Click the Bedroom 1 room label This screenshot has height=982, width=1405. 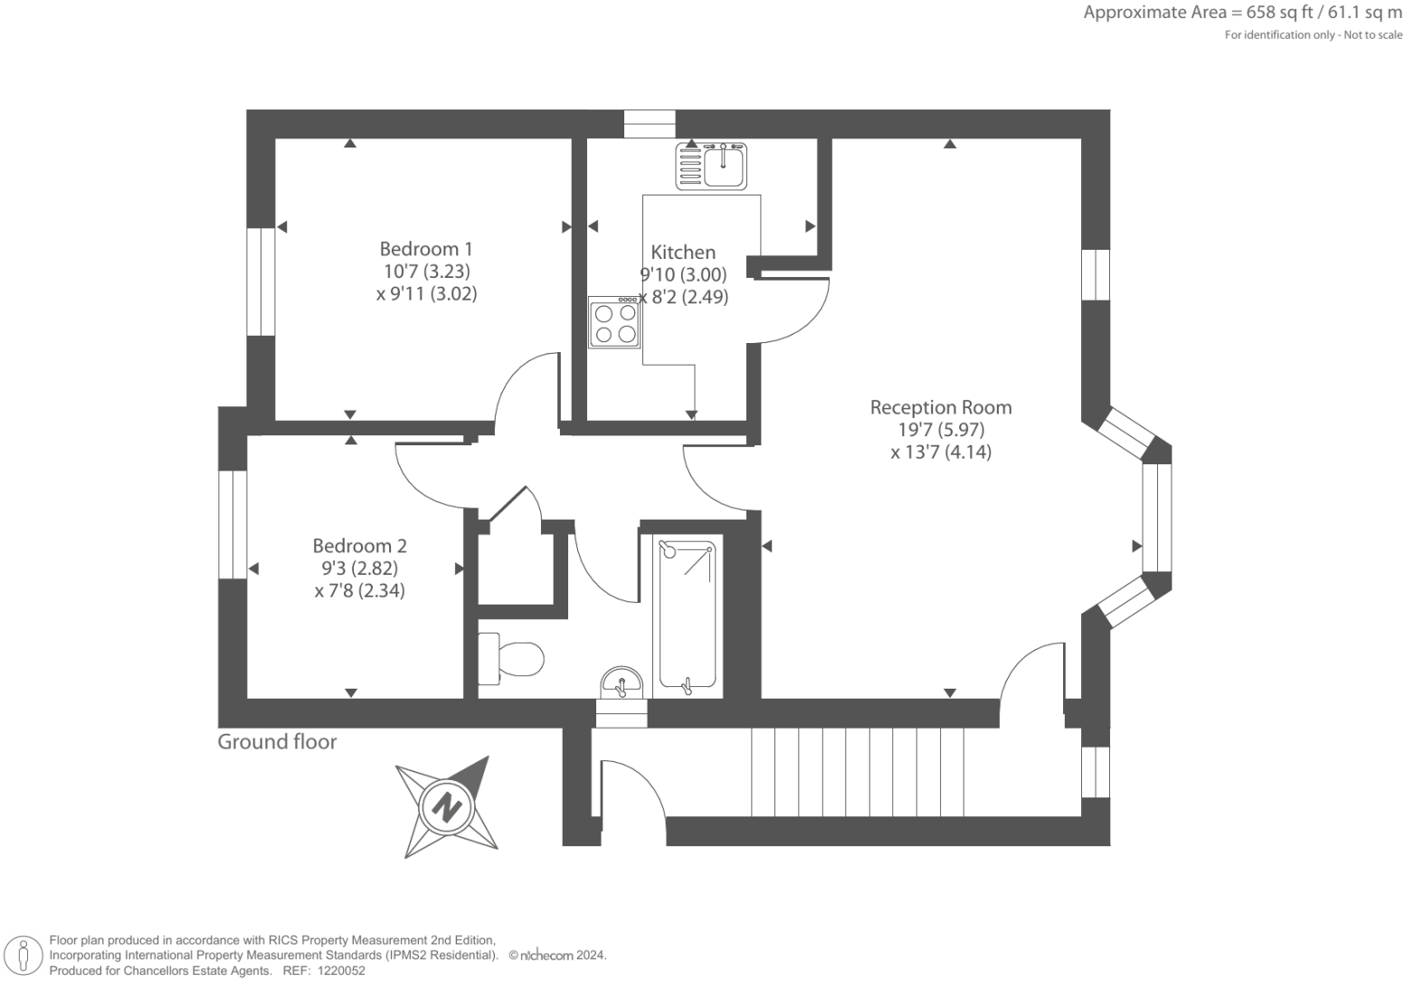pos(425,249)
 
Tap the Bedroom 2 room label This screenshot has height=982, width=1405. pos(359,546)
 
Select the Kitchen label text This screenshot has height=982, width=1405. pos(683,253)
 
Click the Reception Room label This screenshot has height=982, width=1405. pos(940,407)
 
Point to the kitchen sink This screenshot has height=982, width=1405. pos(711,167)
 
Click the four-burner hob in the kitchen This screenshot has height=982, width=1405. pos(614,322)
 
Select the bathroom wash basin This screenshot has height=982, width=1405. pos(622,682)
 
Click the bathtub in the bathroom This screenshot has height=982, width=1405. pos(687,615)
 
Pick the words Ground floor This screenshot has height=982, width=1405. pos(277,742)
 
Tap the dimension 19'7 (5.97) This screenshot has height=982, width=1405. pos(940,430)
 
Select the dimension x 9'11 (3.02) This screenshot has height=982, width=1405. pos(426,293)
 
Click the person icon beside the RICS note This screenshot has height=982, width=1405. pos(25,956)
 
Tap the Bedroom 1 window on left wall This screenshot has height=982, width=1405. pos(261,281)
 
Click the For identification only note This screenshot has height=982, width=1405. pos(1313,35)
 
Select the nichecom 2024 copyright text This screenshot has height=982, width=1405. pos(557,955)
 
